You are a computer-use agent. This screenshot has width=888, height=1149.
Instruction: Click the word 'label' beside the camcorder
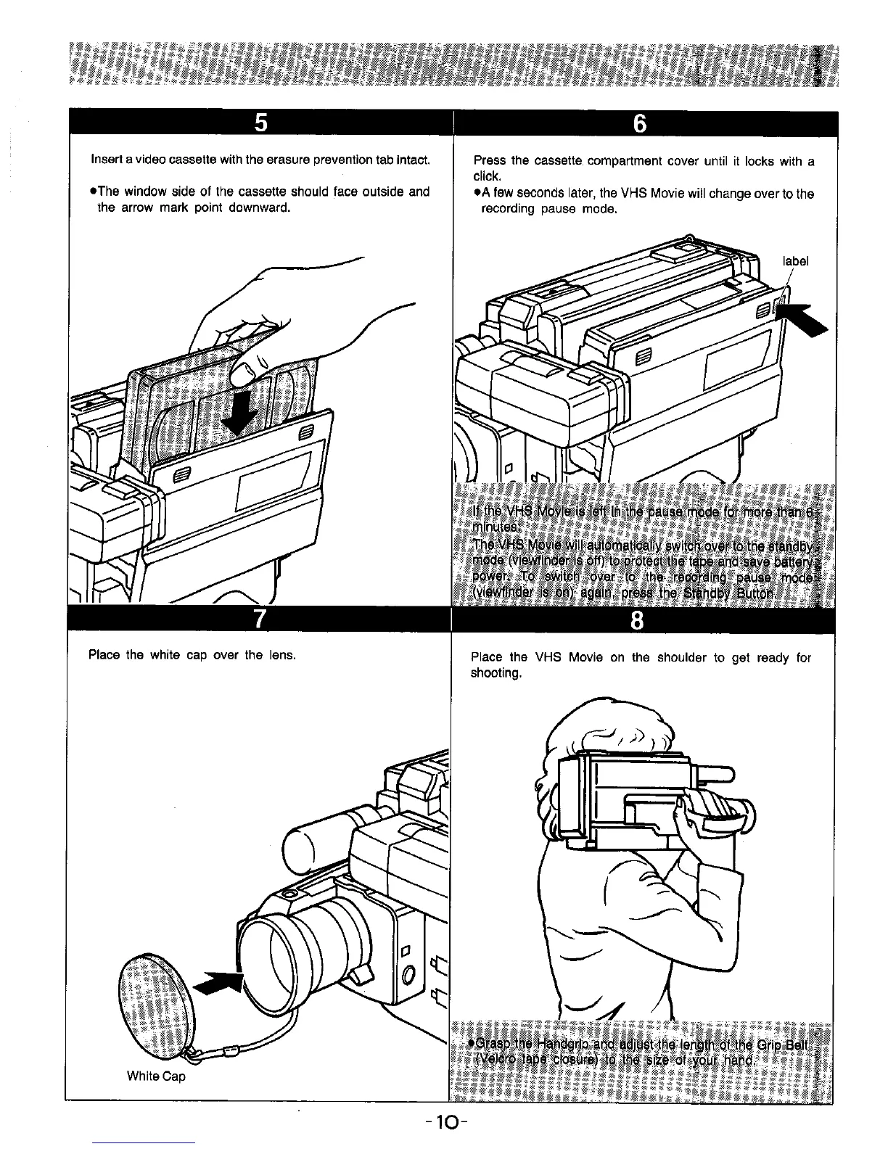pos(796,261)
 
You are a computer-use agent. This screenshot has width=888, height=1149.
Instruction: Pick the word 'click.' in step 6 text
pos(486,176)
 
